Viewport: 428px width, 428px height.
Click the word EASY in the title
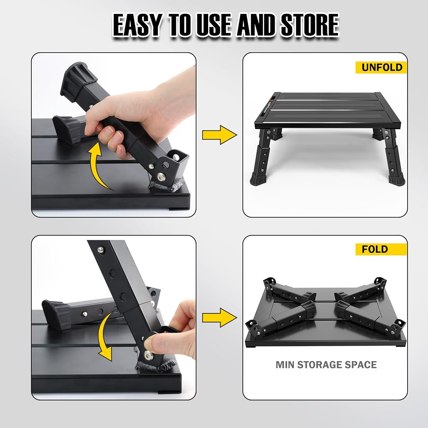pyautogui.click(x=137, y=25)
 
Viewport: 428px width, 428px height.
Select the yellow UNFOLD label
pyautogui.click(x=381, y=67)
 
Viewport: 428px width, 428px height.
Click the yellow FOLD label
pyautogui.click(x=381, y=249)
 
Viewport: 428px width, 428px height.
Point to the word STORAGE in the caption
pyautogui.click(x=321, y=364)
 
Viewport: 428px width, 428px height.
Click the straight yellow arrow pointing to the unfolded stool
pyautogui.click(x=219, y=135)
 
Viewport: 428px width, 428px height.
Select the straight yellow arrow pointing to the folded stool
pyautogui.click(x=219, y=318)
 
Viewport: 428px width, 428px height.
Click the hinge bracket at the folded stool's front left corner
pyautogui.click(x=253, y=326)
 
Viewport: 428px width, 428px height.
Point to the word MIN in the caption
pyautogui.click(x=285, y=364)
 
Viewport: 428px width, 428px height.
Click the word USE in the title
pyautogui.click(x=214, y=25)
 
